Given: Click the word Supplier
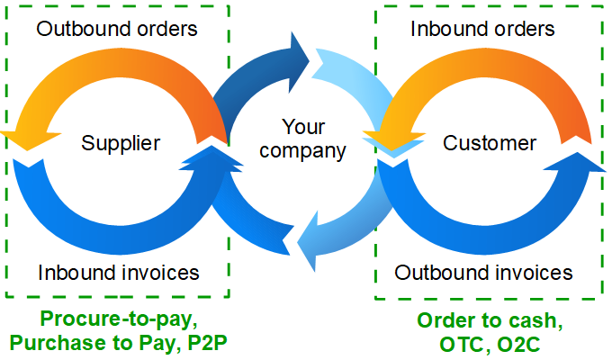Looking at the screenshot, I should (121, 142).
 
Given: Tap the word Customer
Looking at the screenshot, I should (490, 143).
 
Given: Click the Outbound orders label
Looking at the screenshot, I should (117, 28).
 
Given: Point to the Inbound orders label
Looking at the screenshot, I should (482, 28).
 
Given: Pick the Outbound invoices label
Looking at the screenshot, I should (484, 272).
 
